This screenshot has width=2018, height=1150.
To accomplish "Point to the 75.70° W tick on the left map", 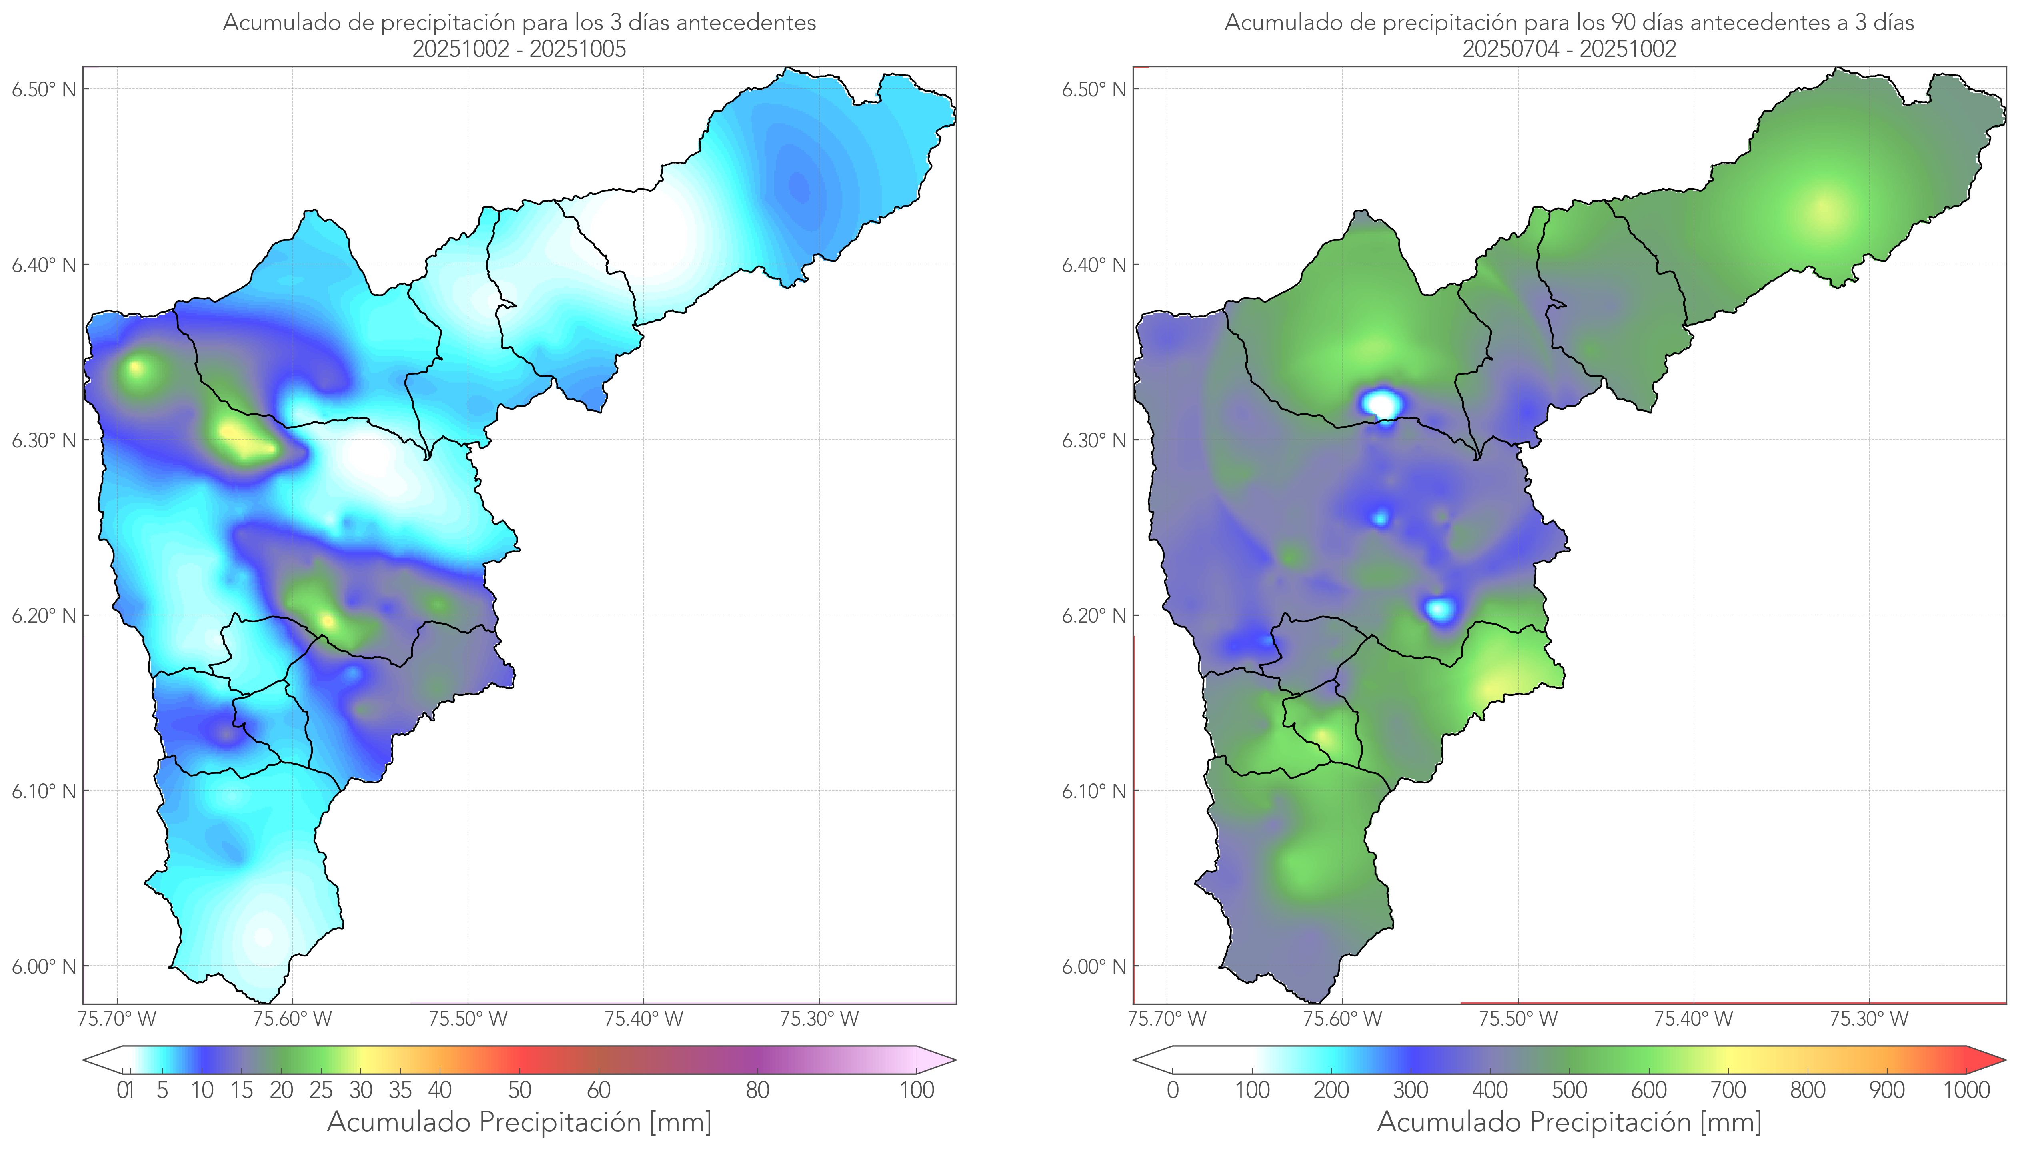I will [118, 1019].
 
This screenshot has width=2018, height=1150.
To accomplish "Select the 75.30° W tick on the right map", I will [1869, 1019].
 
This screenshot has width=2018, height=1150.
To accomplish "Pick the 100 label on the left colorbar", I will [917, 1090].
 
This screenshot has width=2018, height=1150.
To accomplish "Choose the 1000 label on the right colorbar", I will [1966, 1090].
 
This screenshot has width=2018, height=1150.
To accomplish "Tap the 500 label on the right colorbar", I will [1569, 1090].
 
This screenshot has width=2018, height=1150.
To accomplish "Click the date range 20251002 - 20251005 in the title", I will [519, 49].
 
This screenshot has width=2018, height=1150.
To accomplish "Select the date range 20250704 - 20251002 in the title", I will [1569, 49].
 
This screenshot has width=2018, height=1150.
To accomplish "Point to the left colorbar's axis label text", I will [519, 1122].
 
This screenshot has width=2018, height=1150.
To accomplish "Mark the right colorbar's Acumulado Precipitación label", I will [1569, 1122].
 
